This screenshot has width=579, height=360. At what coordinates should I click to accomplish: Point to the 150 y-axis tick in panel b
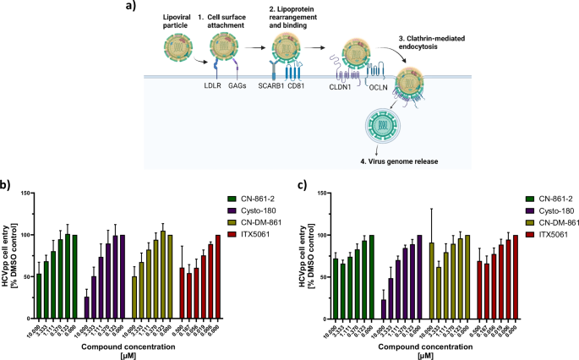(25, 194)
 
